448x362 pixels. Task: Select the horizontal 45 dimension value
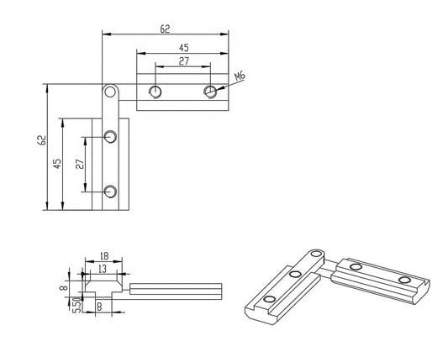183,48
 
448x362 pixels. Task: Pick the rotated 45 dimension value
57,164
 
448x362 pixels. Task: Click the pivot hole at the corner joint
110,90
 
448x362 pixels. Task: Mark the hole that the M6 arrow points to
209,91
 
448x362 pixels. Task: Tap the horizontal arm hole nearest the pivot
155,91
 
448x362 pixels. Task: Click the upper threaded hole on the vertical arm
110,136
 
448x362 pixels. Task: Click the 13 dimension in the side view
102,268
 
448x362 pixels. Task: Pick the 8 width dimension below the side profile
98,307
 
